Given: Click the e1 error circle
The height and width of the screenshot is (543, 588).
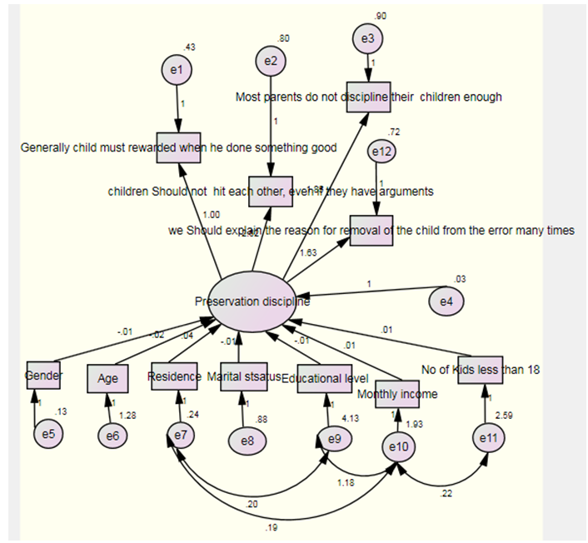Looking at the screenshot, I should [x=176, y=70].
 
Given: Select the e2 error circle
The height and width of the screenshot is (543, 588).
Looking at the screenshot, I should [x=271, y=61].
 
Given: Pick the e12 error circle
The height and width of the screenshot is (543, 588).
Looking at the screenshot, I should [x=382, y=152].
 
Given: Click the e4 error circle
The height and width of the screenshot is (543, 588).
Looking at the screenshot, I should [x=447, y=301].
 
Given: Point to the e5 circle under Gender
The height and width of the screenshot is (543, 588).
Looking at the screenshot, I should [x=48, y=433].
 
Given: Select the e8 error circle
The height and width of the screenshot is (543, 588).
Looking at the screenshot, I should [x=245, y=441].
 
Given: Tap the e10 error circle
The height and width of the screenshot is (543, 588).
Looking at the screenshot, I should [x=400, y=448].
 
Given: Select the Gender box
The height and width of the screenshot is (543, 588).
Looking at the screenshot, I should [x=42, y=376].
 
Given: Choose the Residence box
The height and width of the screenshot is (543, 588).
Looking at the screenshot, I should [x=174, y=376].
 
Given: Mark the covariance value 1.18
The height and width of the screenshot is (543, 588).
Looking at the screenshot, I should [x=344, y=482].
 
